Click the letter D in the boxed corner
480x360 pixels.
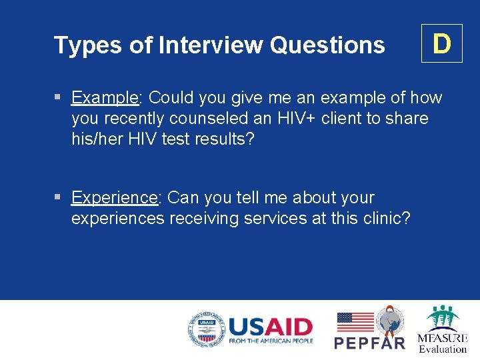(441, 43)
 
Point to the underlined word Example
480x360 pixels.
(104, 98)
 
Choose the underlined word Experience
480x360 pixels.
(114, 198)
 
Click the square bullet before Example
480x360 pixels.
(58, 98)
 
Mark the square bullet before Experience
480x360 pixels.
(58, 198)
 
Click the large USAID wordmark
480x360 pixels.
(270, 326)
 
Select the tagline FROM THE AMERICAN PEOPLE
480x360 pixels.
(270, 341)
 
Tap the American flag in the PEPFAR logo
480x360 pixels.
(355, 322)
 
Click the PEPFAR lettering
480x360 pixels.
(369, 343)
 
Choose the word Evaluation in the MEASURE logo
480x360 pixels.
(443, 349)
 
